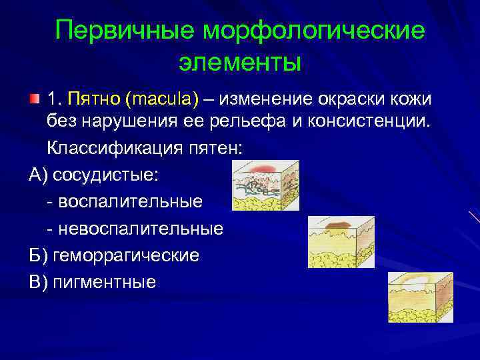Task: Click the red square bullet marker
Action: tap(34, 99)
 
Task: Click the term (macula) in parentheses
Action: tap(165, 99)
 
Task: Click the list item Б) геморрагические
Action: tap(113, 255)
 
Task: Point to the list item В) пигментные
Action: tap(93, 282)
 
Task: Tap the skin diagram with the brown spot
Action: tap(341, 243)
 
